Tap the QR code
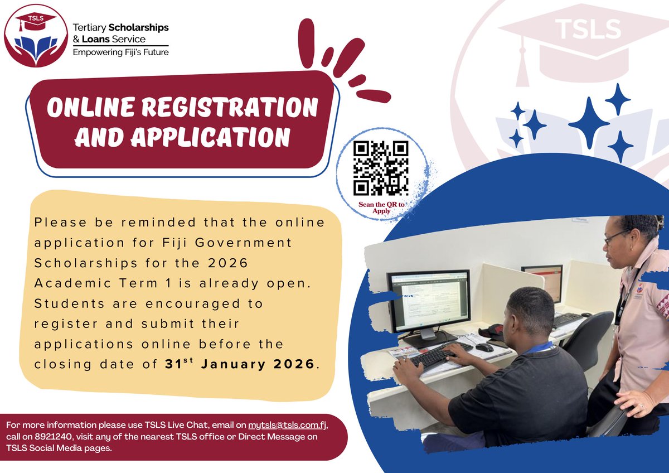click(x=381, y=168)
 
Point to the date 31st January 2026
click(x=240, y=364)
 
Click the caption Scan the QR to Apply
click(x=382, y=208)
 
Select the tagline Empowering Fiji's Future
click(x=121, y=52)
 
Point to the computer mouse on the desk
click(x=484, y=347)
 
